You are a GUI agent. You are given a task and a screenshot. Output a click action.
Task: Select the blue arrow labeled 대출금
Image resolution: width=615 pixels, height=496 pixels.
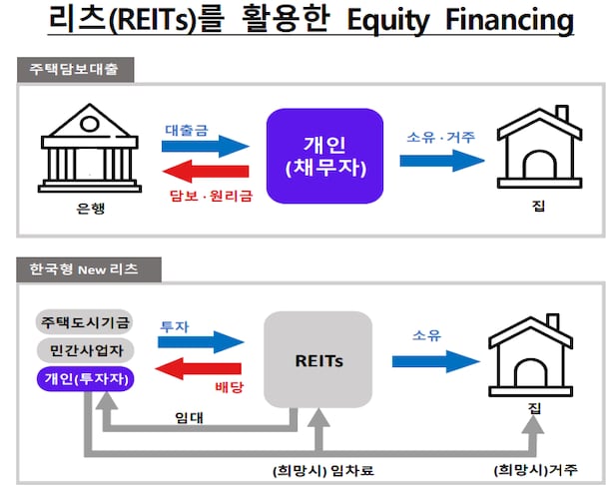click(x=206, y=146)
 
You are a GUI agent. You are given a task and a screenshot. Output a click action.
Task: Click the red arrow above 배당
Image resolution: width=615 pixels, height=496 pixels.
click(x=204, y=369)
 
